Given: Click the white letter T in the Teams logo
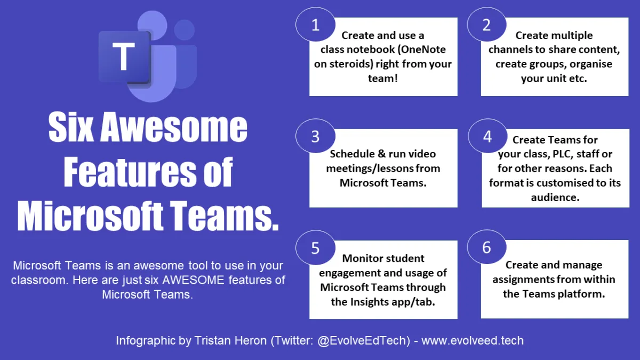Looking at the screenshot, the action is tap(123, 57).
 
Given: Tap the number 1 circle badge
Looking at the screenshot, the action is tap(315, 25).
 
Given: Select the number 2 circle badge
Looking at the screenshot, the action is tap(486, 25).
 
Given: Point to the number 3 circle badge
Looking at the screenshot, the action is tap(315, 136).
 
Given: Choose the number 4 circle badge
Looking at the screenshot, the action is tap(487, 136).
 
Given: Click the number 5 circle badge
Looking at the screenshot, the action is tap(315, 247).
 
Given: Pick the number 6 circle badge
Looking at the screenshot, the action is tap(486, 247).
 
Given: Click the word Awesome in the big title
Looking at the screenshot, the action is tap(174, 126).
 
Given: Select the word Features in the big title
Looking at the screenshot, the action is tap(130, 171).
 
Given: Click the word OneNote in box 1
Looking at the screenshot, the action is tap(423, 50).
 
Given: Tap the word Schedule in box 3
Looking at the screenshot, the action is tap(352, 154).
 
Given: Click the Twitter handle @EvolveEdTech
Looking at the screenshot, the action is tap(363, 341).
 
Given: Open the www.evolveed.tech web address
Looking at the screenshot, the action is tap(473, 341).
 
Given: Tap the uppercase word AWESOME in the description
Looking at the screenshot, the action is tap(193, 280).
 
